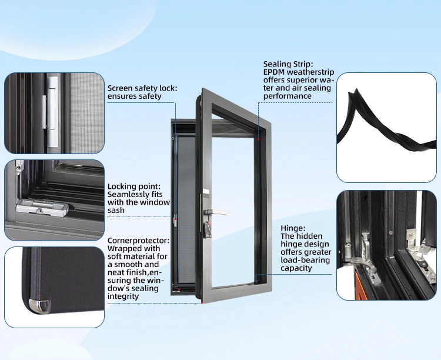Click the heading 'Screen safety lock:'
[142, 88]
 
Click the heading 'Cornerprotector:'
[138, 240]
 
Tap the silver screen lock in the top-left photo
[54, 112]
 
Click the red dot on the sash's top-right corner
[259, 139]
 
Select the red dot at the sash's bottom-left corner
[202, 302]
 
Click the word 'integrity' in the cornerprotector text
[123, 296]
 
